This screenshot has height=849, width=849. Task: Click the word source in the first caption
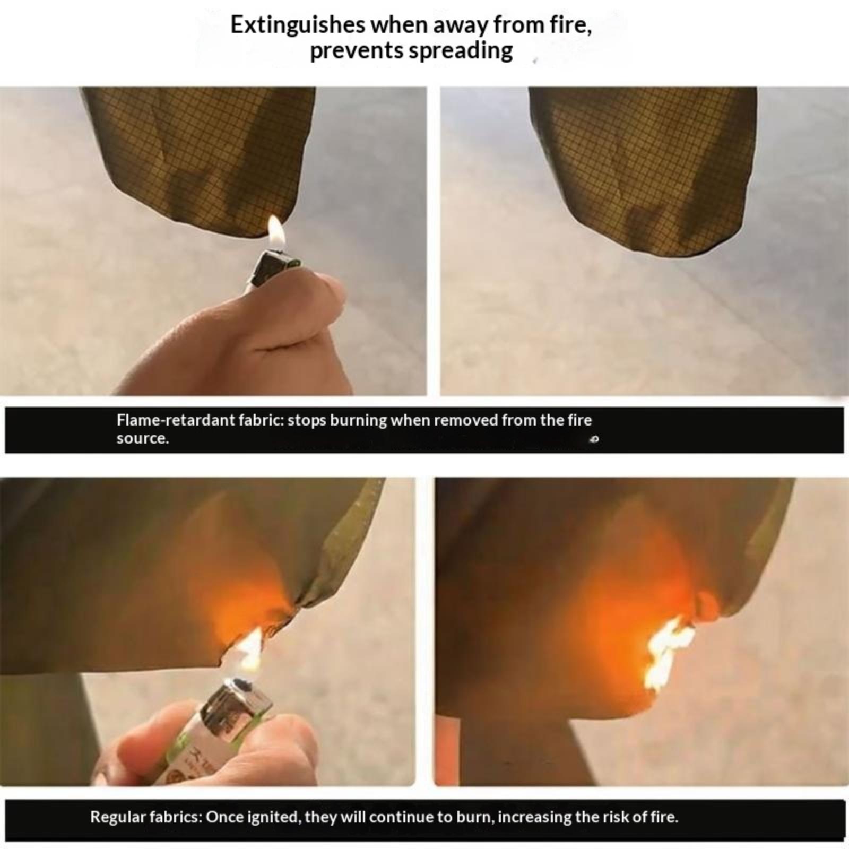[142, 438]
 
